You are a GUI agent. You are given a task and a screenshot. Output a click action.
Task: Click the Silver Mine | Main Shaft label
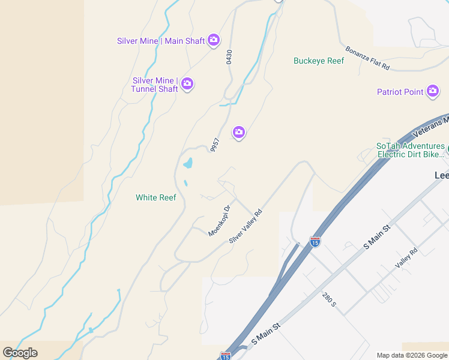pos(161,41)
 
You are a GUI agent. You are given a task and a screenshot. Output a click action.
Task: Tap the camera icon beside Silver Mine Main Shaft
pos(214,40)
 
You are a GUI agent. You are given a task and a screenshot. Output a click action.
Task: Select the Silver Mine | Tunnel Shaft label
pos(155,85)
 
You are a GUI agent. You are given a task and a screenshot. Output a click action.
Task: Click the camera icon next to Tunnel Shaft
pos(187,84)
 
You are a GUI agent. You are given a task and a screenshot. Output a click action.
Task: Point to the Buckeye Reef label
pos(319,61)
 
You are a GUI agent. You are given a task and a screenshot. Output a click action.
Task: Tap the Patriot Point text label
pos(400,92)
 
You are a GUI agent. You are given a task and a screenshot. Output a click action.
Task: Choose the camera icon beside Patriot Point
pos(433,92)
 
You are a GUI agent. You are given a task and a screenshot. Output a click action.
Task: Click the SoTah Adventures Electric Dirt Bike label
pos(411,150)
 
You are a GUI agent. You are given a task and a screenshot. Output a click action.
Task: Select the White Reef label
pos(155,197)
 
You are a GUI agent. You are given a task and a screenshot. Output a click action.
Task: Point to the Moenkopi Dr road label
pos(220,221)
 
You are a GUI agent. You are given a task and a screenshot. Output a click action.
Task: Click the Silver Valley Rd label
pos(246,226)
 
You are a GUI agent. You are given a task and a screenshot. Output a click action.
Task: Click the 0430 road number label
pos(229,58)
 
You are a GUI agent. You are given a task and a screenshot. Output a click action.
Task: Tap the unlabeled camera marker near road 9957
pos(239,133)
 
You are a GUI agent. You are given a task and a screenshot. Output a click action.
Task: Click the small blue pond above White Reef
pos(188,163)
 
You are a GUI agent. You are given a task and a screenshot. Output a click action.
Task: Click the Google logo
pos(20,353)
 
